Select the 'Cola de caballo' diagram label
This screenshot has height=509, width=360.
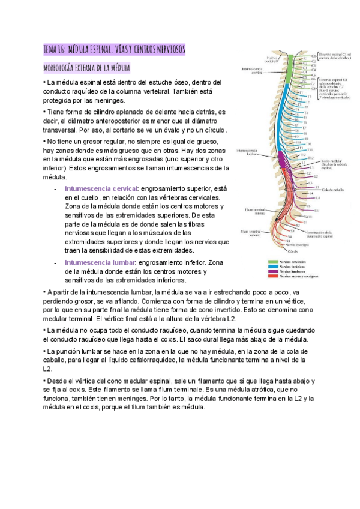pos(334,190)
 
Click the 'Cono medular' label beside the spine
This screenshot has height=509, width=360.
pos(331,161)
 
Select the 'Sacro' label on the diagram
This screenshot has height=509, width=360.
pos(308,216)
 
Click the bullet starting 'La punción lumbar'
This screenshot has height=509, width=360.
pos(173,364)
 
